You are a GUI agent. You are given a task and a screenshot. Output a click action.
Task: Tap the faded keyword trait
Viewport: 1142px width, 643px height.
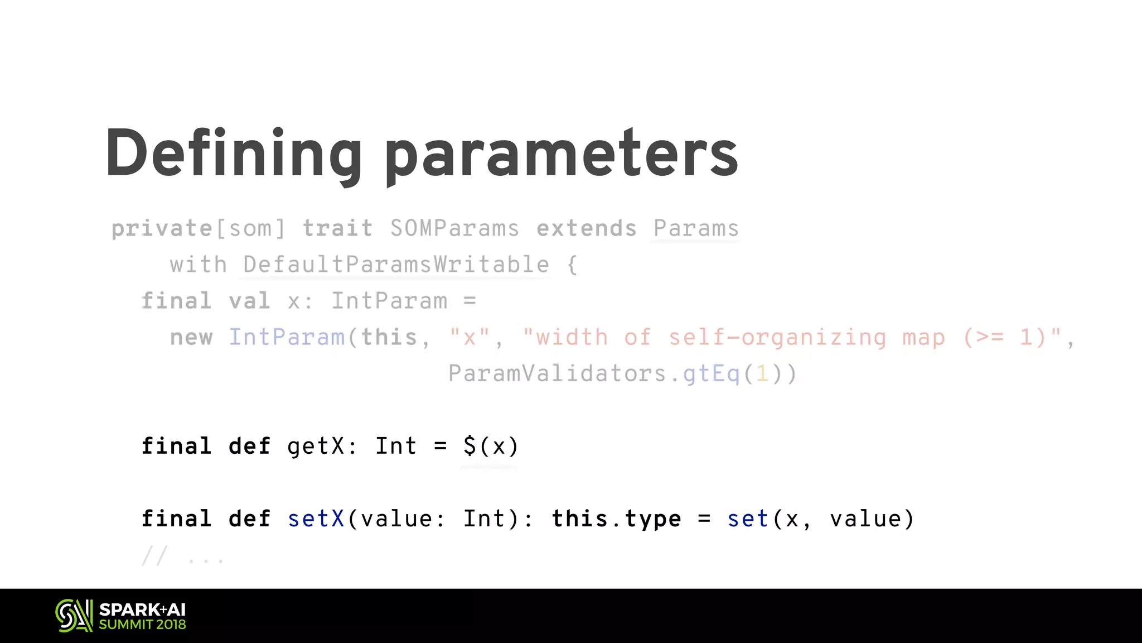point(337,228)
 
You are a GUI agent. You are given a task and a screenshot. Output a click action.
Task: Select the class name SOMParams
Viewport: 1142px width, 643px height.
point(454,228)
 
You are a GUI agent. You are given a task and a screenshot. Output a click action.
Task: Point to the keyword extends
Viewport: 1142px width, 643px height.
point(586,228)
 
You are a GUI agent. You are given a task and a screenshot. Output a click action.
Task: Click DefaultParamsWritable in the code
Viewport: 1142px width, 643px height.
point(396,265)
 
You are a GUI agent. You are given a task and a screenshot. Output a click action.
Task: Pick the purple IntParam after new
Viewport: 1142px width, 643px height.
point(287,337)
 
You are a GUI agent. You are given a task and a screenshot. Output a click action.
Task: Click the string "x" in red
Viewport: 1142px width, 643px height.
point(470,337)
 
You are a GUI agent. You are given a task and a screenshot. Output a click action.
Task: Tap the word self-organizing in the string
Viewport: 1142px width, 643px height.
point(777,337)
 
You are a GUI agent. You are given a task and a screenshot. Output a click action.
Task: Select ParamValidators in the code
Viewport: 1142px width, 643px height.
point(558,373)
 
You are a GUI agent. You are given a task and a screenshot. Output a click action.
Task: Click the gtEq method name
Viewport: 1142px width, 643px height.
point(712,373)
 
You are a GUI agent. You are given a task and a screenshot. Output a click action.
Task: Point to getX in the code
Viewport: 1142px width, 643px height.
point(316,446)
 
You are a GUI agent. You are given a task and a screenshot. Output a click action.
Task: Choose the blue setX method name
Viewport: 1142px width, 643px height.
point(316,519)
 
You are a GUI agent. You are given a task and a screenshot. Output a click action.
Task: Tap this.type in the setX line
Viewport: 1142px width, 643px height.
point(616,519)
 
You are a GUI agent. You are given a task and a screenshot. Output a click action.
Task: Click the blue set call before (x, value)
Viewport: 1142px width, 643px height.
point(748,519)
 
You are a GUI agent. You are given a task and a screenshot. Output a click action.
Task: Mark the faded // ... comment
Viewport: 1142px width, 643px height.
point(183,556)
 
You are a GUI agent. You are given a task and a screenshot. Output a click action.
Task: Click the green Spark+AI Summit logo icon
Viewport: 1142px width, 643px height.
point(74,616)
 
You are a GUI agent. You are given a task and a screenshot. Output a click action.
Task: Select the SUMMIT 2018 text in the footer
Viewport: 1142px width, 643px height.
point(142,625)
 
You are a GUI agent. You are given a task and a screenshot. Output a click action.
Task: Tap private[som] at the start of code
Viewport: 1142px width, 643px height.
point(198,228)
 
